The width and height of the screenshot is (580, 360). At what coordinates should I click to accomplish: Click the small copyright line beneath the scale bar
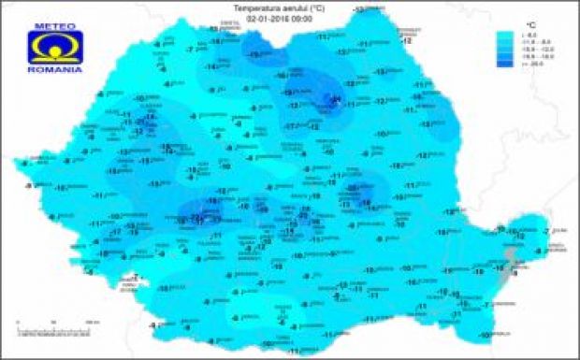(x=51, y=335)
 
